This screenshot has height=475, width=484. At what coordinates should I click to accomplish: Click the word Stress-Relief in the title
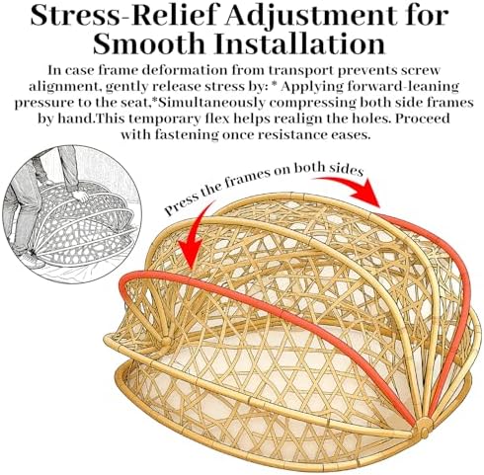pos(128,16)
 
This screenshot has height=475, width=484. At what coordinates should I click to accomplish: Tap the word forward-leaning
pos(403,87)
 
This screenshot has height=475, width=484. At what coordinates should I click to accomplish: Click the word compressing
pos(313,104)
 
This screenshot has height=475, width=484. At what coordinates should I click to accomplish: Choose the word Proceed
pos(423,119)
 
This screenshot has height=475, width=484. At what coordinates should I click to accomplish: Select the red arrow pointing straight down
pos(194,239)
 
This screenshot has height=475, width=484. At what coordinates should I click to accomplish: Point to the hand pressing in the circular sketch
pos(81,197)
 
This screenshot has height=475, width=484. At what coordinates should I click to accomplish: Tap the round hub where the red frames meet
pos(424,427)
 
